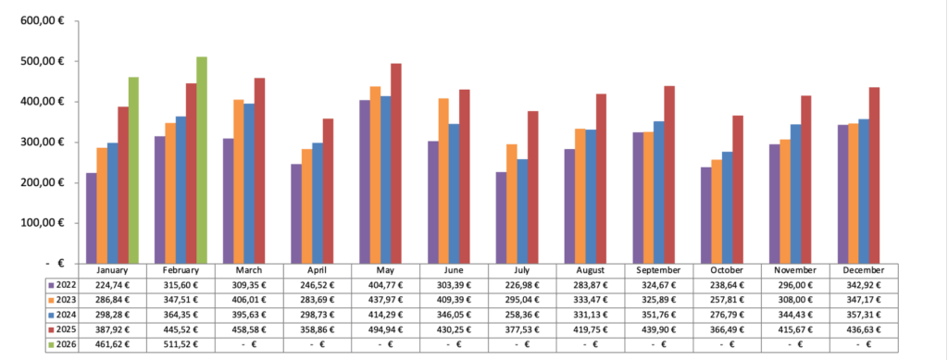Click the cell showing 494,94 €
click(x=385, y=329)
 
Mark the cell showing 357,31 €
click(x=865, y=314)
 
